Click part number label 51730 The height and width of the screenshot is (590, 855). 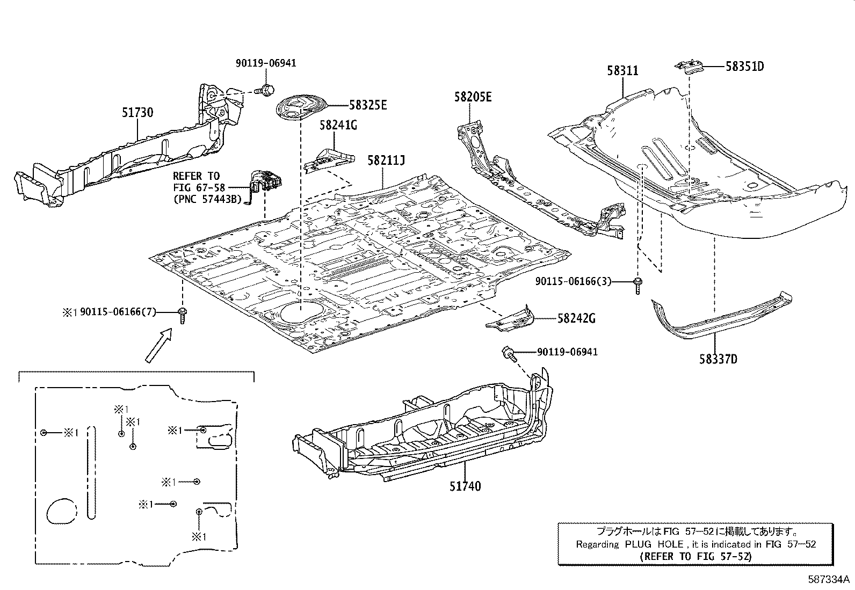137,113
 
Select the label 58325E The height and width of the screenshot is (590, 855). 367,105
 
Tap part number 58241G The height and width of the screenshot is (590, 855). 338,126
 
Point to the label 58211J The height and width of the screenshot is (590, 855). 385,161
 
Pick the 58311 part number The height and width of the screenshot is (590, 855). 623,70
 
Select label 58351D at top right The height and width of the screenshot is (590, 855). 744,67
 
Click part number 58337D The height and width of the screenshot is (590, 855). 718,359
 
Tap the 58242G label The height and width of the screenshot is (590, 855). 576,318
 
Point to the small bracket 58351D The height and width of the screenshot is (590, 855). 689,68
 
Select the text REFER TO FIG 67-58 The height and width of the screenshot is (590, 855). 196,181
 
